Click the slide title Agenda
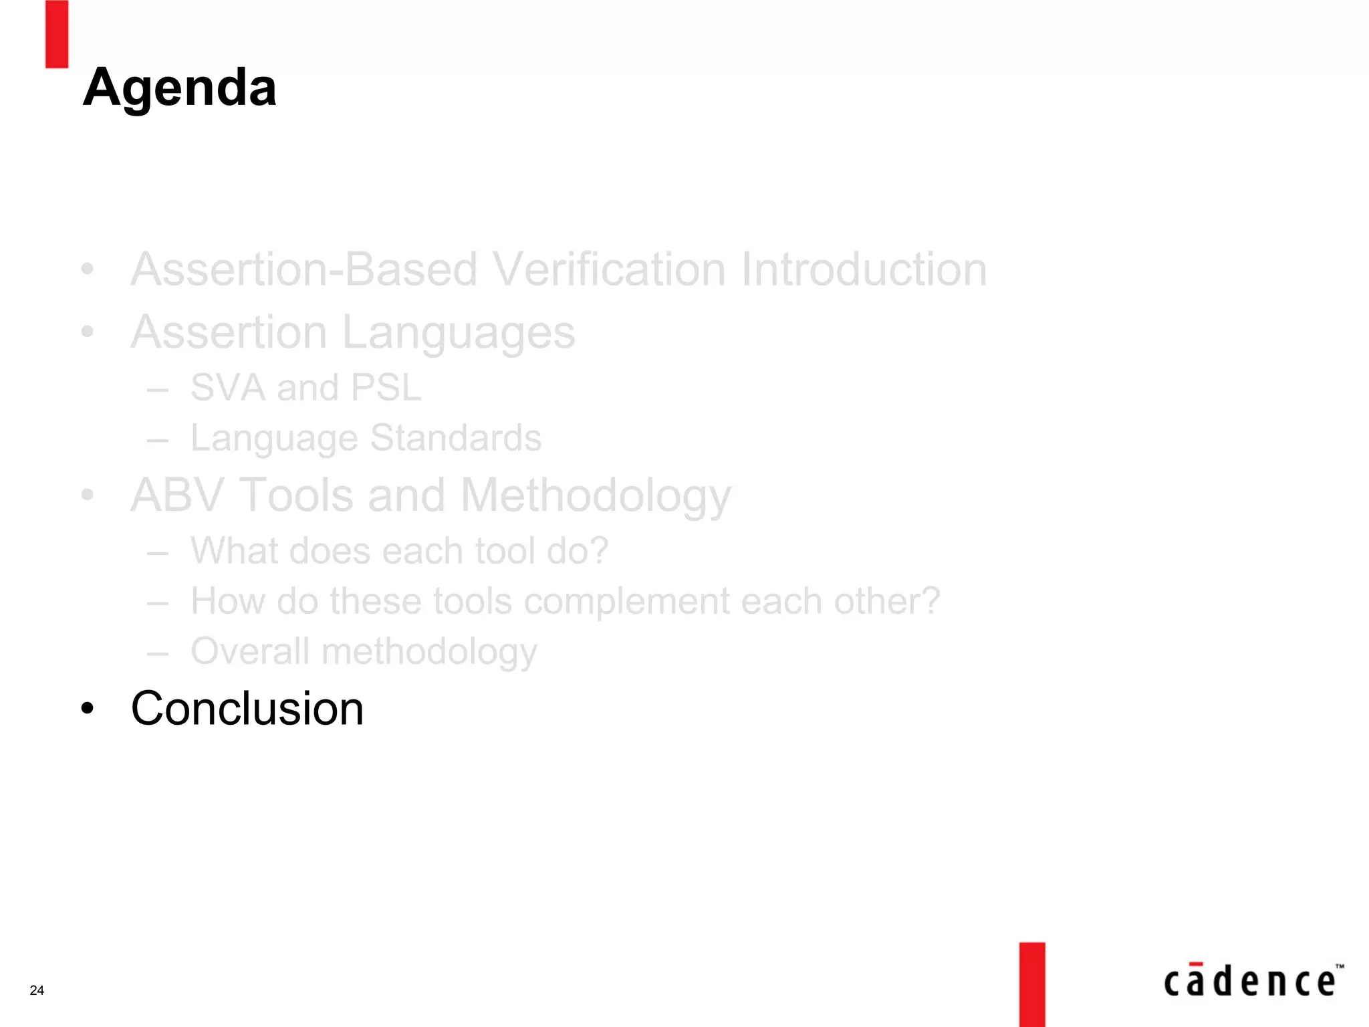(x=179, y=88)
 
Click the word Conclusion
(x=247, y=708)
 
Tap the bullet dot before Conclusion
(x=87, y=708)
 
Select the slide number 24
(x=37, y=990)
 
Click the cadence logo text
(x=1249, y=982)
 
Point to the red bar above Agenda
(x=57, y=33)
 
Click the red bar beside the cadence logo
(x=1032, y=984)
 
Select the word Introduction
(x=863, y=269)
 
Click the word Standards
(x=455, y=438)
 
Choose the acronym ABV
(x=177, y=495)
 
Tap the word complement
(x=626, y=601)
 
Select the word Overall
(x=249, y=651)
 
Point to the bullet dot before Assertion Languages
(x=87, y=332)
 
